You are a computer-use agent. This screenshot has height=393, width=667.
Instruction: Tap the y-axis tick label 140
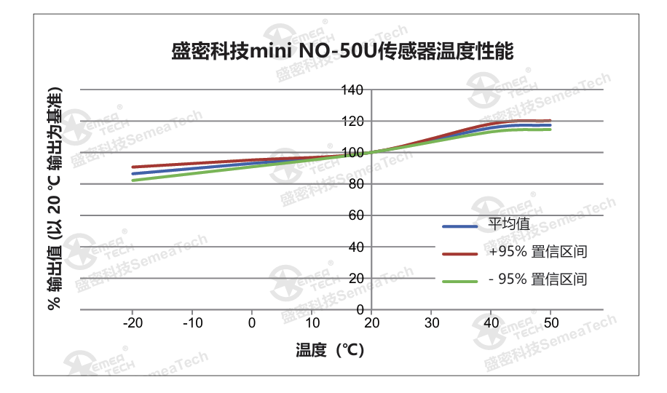(352, 90)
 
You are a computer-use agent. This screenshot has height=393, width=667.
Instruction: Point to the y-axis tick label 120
(352, 121)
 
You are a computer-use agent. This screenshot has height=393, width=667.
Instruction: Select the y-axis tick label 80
(355, 184)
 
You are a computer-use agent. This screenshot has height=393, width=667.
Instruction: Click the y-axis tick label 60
(355, 215)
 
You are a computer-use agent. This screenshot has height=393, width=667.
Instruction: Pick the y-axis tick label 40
(355, 247)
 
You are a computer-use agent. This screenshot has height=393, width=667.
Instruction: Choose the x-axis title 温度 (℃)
(330, 350)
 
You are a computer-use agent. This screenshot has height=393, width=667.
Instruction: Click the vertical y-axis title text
(55, 199)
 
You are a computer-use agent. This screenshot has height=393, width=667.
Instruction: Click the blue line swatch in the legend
(459, 226)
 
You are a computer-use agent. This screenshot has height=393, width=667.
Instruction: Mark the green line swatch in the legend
(459, 280)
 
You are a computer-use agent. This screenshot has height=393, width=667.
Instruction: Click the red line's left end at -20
(133, 167)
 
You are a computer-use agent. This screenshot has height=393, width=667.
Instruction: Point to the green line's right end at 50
(550, 130)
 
